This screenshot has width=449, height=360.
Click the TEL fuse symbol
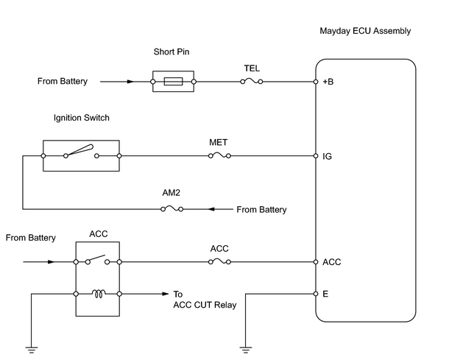252,82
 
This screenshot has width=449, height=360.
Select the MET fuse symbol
219,156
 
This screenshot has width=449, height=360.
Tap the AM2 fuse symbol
172,209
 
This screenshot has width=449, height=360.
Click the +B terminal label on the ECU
328,82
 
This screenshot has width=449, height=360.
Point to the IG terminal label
327,156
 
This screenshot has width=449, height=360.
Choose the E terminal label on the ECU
325,294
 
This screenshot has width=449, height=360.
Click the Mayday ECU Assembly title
365,31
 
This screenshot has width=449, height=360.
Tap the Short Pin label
172,52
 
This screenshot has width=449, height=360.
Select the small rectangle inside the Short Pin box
173,81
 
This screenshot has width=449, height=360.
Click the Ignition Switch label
82,118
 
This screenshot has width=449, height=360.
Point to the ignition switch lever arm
79,150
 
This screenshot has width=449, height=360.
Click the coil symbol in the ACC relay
99,294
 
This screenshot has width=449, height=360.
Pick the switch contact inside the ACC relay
97,259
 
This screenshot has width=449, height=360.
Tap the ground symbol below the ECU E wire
246,350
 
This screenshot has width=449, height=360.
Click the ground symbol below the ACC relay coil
31,350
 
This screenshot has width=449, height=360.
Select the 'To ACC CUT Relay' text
205,300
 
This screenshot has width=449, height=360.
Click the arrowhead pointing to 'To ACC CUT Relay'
166,294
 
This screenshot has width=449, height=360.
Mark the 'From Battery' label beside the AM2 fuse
261,210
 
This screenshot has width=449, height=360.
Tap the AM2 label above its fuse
172,193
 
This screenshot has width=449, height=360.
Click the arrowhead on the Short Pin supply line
130,82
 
